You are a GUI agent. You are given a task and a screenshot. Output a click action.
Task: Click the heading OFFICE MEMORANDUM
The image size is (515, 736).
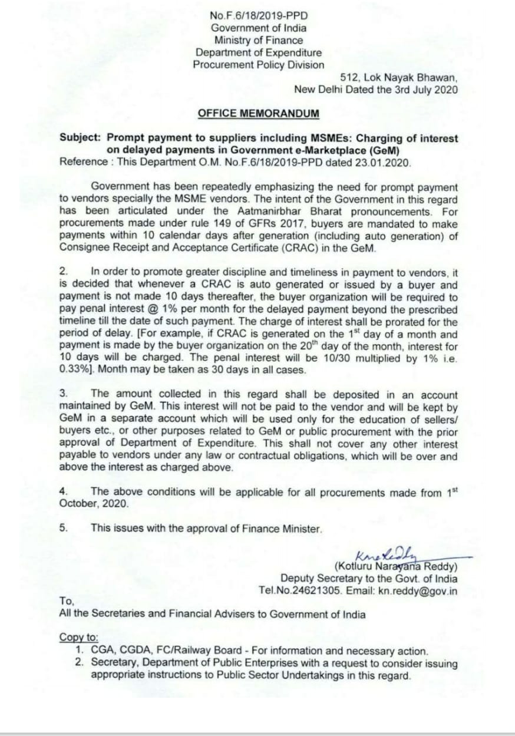click(x=259, y=113)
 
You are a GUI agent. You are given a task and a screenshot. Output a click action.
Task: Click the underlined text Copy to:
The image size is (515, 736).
click(x=79, y=638)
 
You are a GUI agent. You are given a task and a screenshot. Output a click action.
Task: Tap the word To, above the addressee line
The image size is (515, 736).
click(x=67, y=602)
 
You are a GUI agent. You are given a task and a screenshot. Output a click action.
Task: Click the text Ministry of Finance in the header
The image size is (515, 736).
click(x=259, y=41)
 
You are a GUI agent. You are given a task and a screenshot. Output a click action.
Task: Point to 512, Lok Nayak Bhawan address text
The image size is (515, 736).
click(x=399, y=77)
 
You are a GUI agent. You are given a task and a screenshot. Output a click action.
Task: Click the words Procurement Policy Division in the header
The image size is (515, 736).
click(x=259, y=65)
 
